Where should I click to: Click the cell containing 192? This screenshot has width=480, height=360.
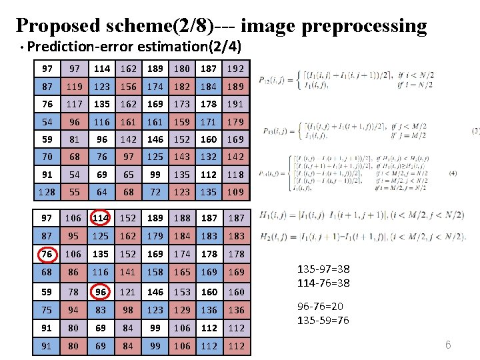click(x=235, y=69)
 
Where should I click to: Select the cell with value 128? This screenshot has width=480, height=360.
click(x=47, y=192)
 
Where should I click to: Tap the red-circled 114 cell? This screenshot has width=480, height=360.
click(x=102, y=218)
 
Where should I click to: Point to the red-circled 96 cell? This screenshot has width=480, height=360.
click(x=102, y=292)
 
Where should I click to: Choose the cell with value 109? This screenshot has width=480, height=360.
click(x=235, y=192)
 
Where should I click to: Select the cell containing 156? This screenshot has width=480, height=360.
click(x=129, y=87)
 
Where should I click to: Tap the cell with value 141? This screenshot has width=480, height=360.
click(x=129, y=272)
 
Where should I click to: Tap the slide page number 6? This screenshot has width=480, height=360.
click(x=448, y=345)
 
